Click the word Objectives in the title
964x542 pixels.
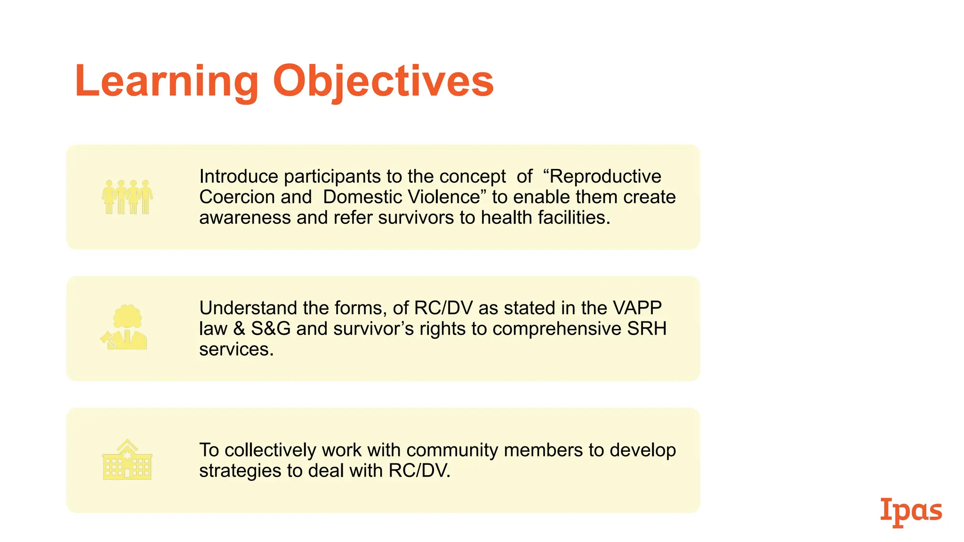[383, 82]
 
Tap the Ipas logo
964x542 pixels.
[911, 511]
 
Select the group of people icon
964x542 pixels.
[127, 197]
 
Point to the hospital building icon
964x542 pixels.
[127, 460]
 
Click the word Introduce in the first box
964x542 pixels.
[239, 176]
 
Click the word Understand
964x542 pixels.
[248, 308]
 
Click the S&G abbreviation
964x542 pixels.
[271, 329]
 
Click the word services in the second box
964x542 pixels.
[236, 350]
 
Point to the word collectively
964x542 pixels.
[270, 450]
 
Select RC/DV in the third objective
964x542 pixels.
[419, 471]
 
